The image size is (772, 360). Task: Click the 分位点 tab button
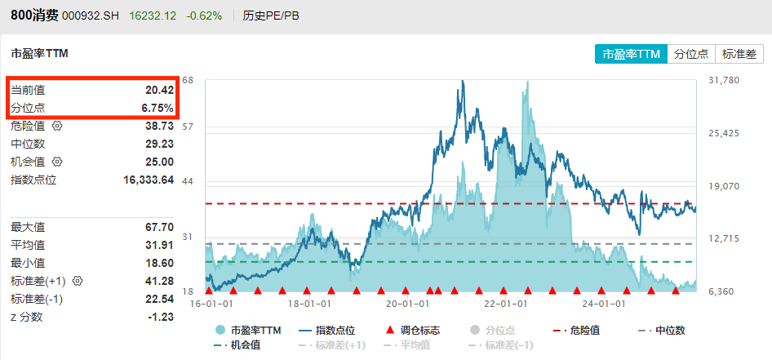tap(691, 54)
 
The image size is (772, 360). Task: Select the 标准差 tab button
tap(739, 54)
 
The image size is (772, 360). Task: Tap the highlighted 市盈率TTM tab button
tap(630, 54)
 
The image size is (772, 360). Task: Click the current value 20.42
tap(159, 90)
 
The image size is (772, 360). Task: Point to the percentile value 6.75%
tap(158, 108)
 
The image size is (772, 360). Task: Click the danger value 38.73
tap(159, 126)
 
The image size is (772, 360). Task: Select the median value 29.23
tap(159, 144)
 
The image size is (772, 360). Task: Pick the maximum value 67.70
tap(159, 227)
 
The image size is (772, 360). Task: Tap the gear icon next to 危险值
tap(57, 126)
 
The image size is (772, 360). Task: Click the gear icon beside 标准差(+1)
tap(78, 281)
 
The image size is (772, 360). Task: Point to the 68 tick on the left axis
tap(189, 80)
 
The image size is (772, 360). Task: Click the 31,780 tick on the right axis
tap(725, 80)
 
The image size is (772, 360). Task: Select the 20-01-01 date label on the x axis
tap(408, 304)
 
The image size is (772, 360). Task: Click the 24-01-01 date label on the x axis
tap(606, 304)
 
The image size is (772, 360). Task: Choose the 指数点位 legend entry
tap(329, 331)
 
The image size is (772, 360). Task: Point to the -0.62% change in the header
tap(205, 16)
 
